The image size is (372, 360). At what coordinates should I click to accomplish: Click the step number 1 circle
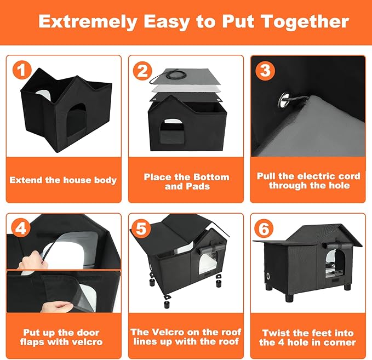tap(20, 70)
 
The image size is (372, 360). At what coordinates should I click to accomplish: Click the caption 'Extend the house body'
tap(63, 180)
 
